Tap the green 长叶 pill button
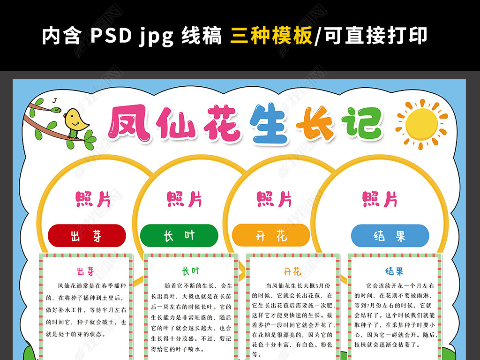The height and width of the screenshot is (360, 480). tap(179, 236)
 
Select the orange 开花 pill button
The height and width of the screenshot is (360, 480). tap(271, 235)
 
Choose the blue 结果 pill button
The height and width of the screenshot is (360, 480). tap(390, 236)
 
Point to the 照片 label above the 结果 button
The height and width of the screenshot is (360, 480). tap(380, 199)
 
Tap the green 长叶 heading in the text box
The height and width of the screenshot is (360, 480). tap(191, 271)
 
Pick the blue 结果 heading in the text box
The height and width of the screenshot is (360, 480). tap(394, 271)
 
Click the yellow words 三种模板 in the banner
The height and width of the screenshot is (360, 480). tap(271, 36)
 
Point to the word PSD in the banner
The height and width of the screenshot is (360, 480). tap(111, 36)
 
